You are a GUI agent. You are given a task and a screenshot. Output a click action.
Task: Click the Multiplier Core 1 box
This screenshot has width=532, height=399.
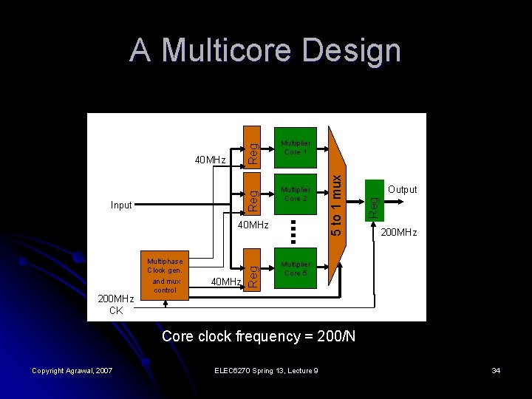tap(296, 147)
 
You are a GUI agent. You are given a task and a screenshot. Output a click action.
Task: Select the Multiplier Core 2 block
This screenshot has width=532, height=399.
tap(296, 194)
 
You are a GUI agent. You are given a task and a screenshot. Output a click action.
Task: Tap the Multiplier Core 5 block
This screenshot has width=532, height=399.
tap(296, 269)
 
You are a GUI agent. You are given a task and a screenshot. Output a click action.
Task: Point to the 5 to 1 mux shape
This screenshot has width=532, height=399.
tap(336, 199)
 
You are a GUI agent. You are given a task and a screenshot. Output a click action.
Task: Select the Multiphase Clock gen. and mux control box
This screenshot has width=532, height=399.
tap(165, 276)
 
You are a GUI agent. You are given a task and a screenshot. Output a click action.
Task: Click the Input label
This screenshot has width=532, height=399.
tap(120, 205)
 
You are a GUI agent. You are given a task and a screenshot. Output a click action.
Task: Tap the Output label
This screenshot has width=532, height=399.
tap(403, 190)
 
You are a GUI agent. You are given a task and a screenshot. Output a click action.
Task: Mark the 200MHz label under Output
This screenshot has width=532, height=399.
tap(398, 233)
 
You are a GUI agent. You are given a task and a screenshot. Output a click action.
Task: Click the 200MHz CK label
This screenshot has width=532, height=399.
tap(116, 305)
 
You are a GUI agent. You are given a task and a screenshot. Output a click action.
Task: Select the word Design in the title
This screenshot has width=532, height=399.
tap(352, 51)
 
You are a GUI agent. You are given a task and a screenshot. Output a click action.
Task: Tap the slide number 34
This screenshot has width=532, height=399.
tap(495, 370)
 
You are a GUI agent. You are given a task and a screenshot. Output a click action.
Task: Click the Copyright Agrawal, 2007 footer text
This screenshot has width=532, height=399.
tap(72, 370)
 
